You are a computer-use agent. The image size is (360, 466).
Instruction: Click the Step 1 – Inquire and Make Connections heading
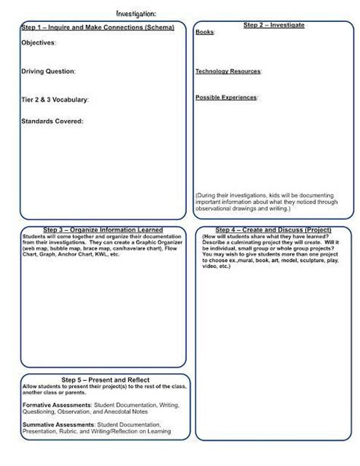pyautogui.click(x=98, y=27)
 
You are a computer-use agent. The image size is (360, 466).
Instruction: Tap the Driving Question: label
pyautogui.click(x=48, y=71)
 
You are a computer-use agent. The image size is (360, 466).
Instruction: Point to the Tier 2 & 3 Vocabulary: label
pyautogui.click(x=55, y=99)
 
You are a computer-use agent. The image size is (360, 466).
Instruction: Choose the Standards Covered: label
pyautogui.click(x=52, y=121)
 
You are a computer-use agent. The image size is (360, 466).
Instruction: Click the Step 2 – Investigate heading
pyautogui.click(x=273, y=25)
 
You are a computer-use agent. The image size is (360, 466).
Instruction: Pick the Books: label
pyautogui.click(x=204, y=33)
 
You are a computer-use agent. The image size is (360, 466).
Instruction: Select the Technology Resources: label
pyautogui.click(x=228, y=71)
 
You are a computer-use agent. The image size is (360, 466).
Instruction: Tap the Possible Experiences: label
pyautogui.click(x=226, y=97)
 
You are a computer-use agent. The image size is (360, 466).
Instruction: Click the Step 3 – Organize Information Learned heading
pyautogui.click(x=103, y=229)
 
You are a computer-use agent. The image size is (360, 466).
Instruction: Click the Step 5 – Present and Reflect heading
pyautogui.click(x=105, y=379)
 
